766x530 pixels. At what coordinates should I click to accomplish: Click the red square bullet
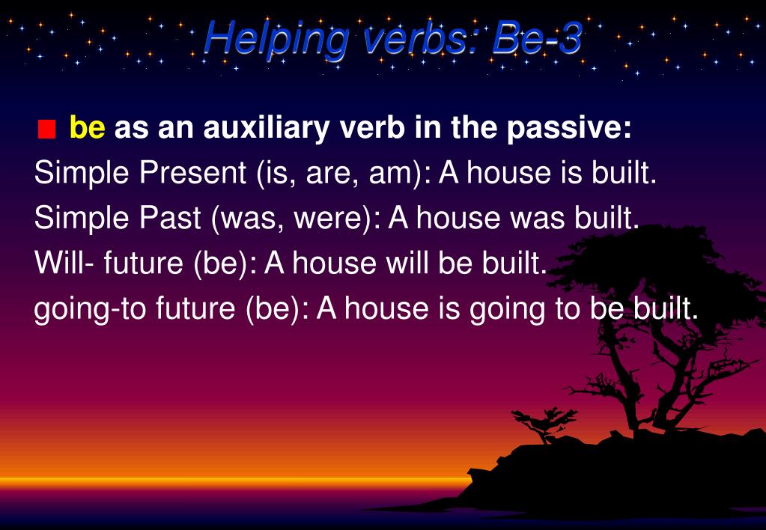tap(46, 130)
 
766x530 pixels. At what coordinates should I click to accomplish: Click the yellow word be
tap(88, 127)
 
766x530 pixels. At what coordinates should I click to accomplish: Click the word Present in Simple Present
tap(192, 172)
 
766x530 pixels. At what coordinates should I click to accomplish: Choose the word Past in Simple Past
tap(170, 217)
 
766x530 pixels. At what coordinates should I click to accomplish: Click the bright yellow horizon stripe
tap(234, 483)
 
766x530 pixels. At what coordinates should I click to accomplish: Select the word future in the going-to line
tap(195, 308)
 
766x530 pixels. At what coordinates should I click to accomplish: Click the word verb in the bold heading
tap(372, 127)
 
